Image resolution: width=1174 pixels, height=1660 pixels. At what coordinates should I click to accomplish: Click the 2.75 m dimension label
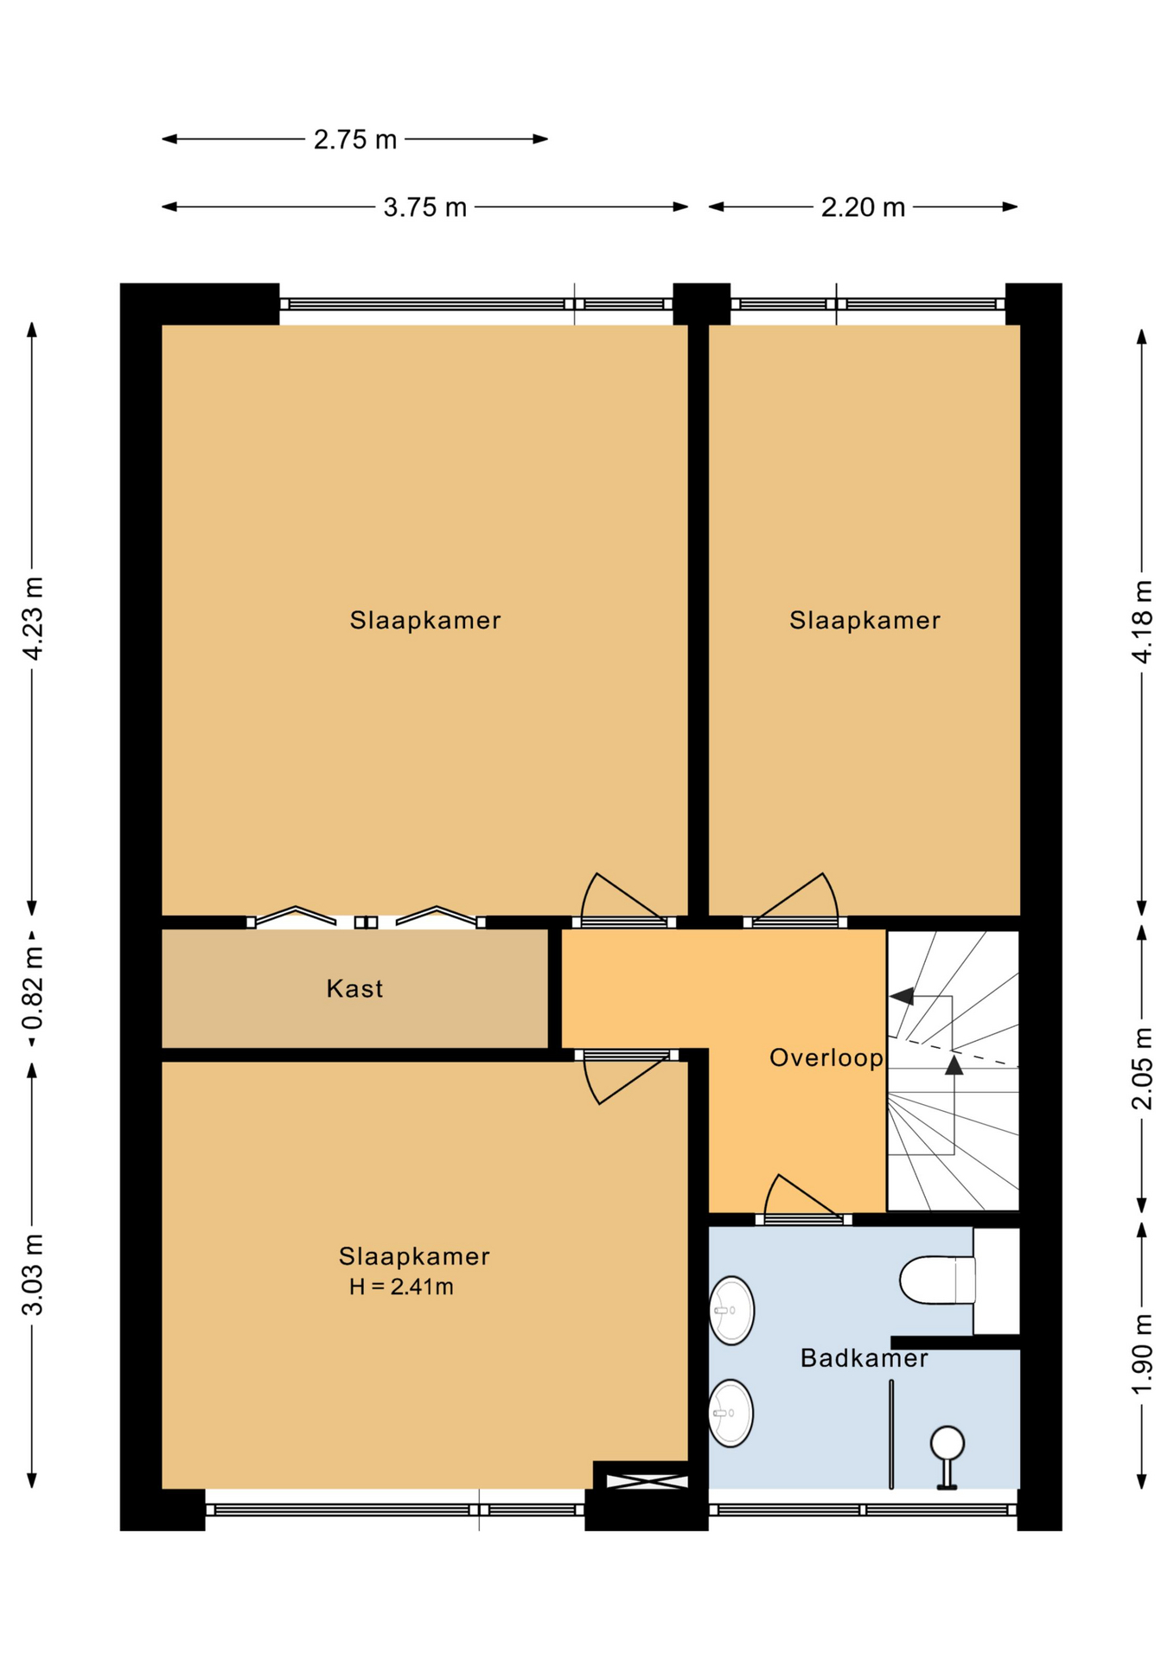pyautogui.click(x=354, y=139)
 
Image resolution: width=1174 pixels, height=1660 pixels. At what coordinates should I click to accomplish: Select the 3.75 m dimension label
pyautogui.click(x=425, y=207)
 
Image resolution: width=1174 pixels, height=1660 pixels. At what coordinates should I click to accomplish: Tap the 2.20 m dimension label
pyautogui.click(x=863, y=207)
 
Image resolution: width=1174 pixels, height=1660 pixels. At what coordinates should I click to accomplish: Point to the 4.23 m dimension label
pyautogui.click(x=32, y=618)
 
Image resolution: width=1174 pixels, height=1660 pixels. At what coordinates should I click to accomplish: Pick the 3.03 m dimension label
pyautogui.click(x=32, y=1275)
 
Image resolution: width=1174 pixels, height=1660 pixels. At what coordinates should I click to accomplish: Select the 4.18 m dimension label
pyautogui.click(x=1142, y=622)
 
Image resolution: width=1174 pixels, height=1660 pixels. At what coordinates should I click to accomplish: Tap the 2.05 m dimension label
pyautogui.click(x=1142, y=1068)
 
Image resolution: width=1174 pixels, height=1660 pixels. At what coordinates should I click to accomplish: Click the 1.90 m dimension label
pyautogui.click(x=1142, y=1354)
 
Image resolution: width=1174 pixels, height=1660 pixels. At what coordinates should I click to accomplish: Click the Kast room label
pyautogui.click(x=354, y=989)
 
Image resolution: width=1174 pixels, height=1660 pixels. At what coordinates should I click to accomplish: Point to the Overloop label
pyautogui.click(x=826, y=1058)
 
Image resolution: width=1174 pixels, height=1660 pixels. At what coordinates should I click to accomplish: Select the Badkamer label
pyautogui.click(x=865, y=1358)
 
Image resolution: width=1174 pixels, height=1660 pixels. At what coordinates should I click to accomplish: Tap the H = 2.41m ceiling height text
pyautogui.click(x=401, y=1286)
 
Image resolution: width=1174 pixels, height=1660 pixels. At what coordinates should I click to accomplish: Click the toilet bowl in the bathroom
pyautogui.click(x=937, y=1280)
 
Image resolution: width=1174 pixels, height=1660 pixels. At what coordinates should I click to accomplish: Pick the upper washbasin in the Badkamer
pyautogui.click(x=732, y=1311)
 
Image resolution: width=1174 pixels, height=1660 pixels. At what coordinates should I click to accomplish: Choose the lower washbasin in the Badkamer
pyautogui.click(x=731, y=1413)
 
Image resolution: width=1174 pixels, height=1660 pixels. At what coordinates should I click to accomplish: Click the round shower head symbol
pyautogui.click(x=947, y=1443)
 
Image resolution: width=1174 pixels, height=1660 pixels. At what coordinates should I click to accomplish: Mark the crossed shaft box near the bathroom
pyautogui.click(x=647, y=1482)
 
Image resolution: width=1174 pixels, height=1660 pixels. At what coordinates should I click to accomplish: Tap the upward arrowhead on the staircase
pyautogui.click(x=954, y=1064)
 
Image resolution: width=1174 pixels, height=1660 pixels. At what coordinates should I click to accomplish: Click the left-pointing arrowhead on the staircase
pyautogui.click(x=902, y=996)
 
